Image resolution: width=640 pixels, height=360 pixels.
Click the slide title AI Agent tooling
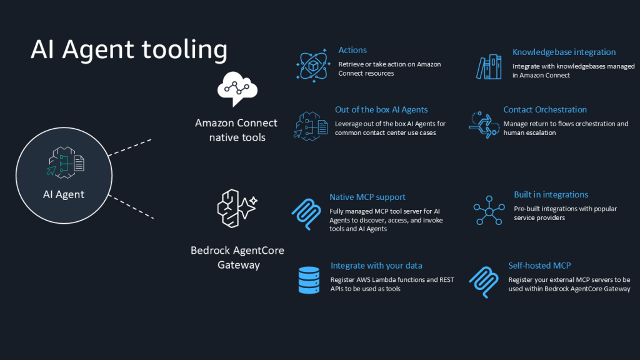[129, 50]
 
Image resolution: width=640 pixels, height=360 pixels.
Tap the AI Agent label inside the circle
[64, 194]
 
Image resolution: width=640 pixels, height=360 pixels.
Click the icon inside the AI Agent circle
[65, 164]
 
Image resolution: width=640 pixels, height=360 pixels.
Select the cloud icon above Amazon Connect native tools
[237, 89]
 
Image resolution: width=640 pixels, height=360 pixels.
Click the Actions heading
[352, 50]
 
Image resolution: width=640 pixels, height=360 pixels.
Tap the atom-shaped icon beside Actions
[311, 65]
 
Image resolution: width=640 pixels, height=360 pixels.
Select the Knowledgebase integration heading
[564, 52]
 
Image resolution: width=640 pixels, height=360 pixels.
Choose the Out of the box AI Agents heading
[381, 109]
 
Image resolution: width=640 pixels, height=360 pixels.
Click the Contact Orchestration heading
[545, 109]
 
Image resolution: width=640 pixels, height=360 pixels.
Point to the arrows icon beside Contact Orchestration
[484, 124]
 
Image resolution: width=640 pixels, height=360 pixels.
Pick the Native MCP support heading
[367, 197]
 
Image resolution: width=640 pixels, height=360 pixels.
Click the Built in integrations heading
[551, 194]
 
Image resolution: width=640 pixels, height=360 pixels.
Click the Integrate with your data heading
[376, 266]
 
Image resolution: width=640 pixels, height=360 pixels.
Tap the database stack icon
[309, 279]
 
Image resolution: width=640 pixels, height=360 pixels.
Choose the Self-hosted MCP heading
[539, 266]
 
